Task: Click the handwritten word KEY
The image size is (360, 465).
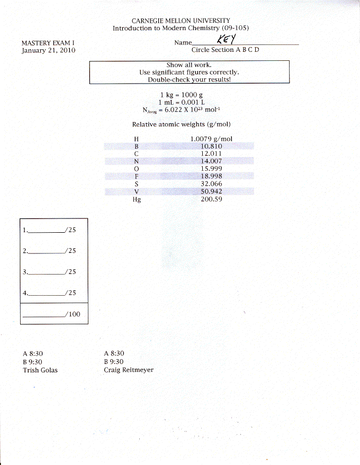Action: point(227,39)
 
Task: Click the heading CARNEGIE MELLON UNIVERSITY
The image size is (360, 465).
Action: point(181,21)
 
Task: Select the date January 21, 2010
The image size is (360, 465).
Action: point(48,50)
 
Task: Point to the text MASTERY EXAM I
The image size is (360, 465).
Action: point(48,43)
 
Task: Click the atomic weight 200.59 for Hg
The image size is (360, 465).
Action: point(211,199)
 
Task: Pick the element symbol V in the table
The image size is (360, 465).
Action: point(137,192)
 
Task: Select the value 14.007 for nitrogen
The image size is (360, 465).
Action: point(211,161)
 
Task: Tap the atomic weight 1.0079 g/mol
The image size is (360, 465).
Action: point(211,139)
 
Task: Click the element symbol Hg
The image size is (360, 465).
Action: point(137,199)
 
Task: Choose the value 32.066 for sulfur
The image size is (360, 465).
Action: point(211,184)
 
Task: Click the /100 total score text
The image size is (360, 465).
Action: point(73,314)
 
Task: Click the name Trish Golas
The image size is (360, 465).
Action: point(40,370)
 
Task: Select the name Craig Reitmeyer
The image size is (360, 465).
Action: point(129,370)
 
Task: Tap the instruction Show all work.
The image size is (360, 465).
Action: point(189,65)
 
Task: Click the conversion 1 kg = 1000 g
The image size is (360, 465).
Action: point(182,95)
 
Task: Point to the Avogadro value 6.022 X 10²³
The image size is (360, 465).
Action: point(183,110)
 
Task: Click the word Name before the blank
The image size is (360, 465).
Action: point(183,43)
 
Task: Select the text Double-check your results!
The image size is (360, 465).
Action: point(190,79)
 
